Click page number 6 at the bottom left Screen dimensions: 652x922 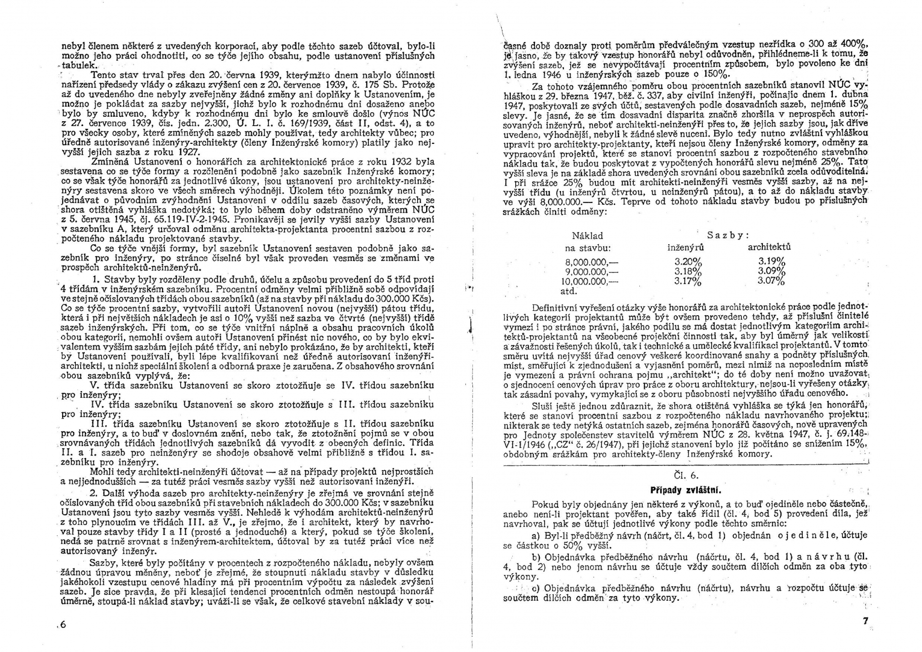(x=64, y=625)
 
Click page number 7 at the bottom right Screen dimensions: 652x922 (x=865, y=621)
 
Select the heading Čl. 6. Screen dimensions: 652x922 (x=685, y=475)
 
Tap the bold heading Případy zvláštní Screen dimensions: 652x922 (x=686, y=490)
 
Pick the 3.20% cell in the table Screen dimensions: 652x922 (x=688, y=262)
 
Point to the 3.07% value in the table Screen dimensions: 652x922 (x=771, y=281)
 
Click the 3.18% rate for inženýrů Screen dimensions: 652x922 (x=688, y=272)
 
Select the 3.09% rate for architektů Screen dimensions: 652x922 (x=771, y=271)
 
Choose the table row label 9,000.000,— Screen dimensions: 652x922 (x=592, y=272)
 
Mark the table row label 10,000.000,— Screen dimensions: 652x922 (x=589, y=282)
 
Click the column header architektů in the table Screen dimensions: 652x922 (x=769, y=247)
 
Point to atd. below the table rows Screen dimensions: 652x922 (x=569, y=291)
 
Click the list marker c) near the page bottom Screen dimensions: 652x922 (x=537, y=588)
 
